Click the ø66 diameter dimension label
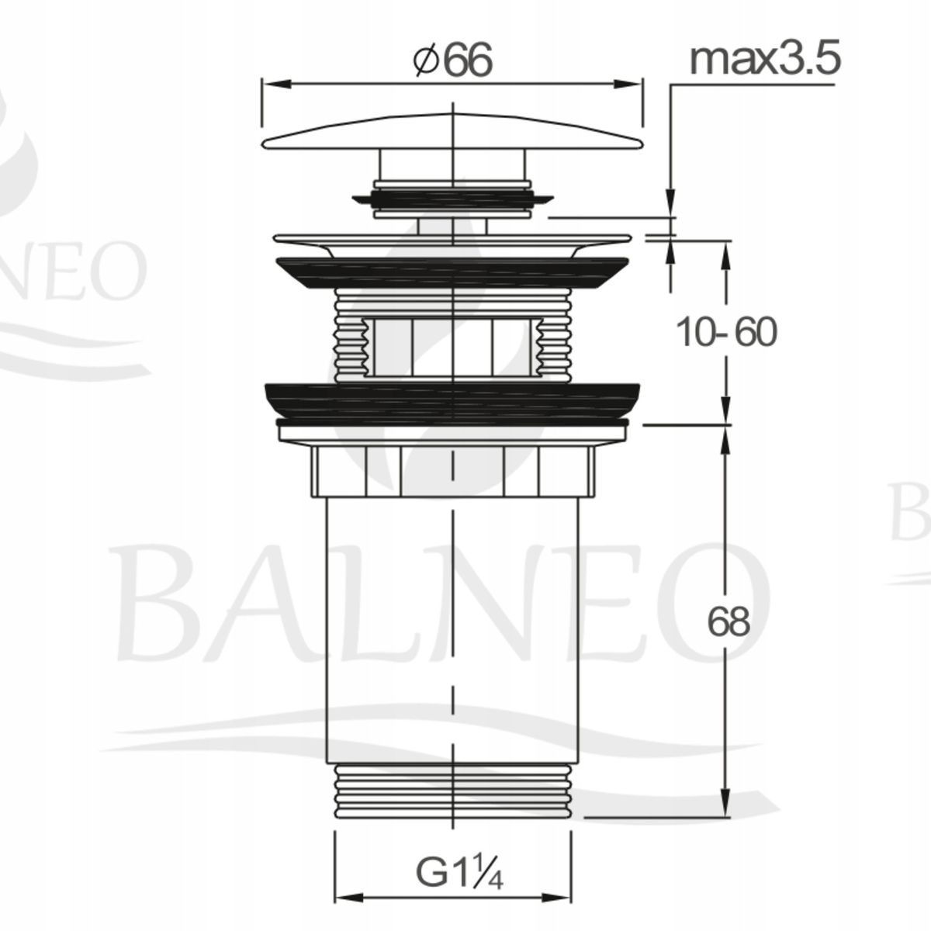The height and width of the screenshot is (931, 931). [453, 61]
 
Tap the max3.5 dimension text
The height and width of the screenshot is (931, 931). [765, 60]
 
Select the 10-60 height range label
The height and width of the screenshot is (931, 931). [726, 333]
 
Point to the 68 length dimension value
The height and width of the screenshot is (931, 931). [728, 621]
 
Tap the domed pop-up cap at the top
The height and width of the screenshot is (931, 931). [452, 131]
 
